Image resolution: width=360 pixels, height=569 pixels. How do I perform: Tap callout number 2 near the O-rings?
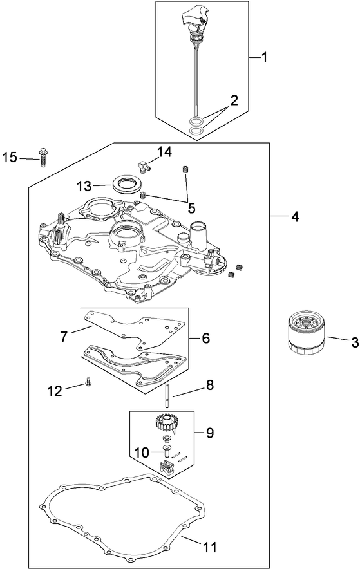tap(234, 100)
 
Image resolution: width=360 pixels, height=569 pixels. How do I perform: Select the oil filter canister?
tap(306, 331)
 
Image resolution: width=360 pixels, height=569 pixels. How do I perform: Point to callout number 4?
tap(294, 218)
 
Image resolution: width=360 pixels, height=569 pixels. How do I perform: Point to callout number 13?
tap(84, 186)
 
